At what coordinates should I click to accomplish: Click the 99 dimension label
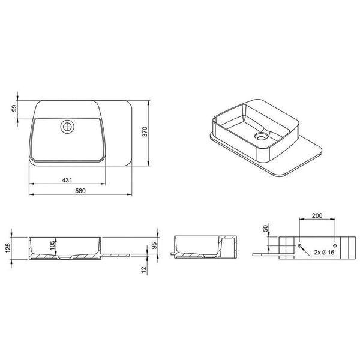pos(14,109)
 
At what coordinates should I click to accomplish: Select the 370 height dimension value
pos(145,131)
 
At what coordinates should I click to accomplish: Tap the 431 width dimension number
pos(67,180)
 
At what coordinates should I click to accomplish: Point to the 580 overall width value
pos(80,191)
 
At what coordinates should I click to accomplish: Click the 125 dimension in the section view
pos(8,248)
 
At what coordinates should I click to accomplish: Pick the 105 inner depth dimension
pos(52,245)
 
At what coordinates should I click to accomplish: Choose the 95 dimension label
pos(155,245)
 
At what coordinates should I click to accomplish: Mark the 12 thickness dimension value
pos(144,269)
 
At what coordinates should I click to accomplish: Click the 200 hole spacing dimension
pos(317,215)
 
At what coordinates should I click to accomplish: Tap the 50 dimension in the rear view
pos(265,229)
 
